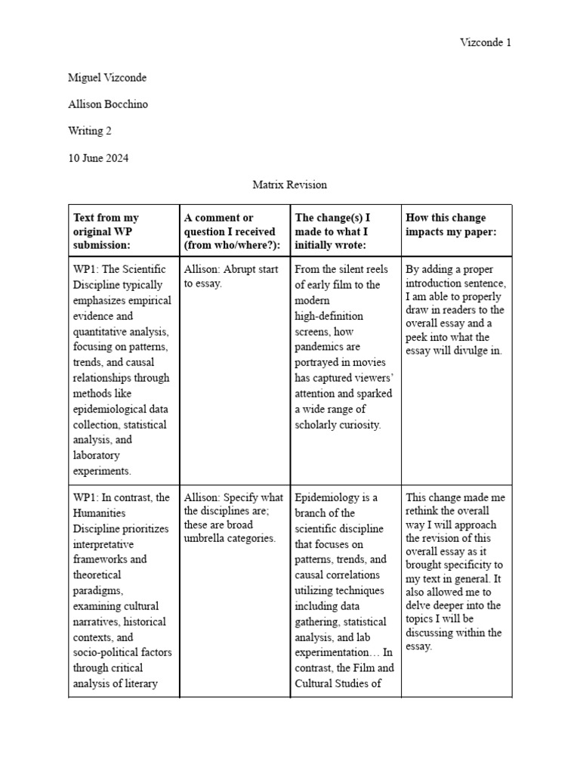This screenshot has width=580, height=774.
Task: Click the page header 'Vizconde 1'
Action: point(486,42)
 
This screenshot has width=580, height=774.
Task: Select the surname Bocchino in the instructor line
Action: point(127,104)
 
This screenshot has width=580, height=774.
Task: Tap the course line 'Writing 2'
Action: point(90,131)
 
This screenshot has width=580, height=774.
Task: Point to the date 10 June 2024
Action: point(98,157)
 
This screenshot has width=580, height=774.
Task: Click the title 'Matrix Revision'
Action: point(290,184)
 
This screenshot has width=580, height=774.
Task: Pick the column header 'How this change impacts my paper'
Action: point(451,224)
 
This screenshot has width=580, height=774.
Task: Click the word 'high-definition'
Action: point(329,315)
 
